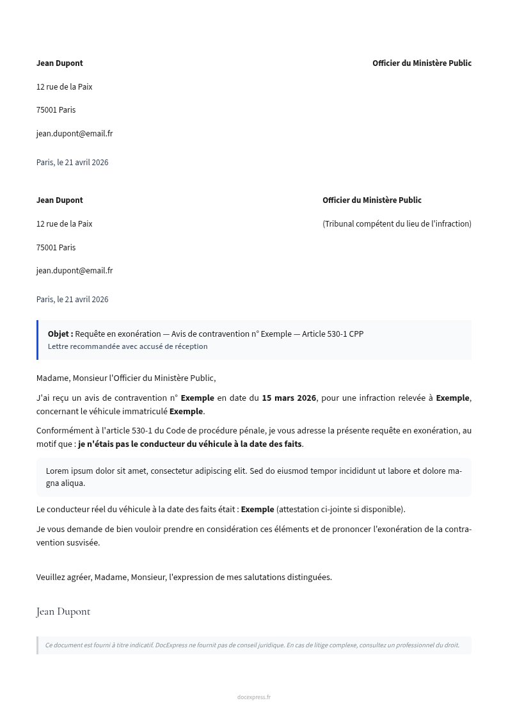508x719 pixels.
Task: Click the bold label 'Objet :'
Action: [x=60, y=334]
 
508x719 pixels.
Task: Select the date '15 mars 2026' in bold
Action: [x=289, y=398]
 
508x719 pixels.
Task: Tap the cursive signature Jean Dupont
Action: [x=63, y=611]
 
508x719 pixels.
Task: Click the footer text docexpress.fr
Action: [x=253, y=697]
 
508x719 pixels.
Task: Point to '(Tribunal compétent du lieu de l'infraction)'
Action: [x=397, y=223]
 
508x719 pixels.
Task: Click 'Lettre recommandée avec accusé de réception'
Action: [x=127, y=346]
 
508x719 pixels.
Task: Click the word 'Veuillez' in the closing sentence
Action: [x=51, y=577]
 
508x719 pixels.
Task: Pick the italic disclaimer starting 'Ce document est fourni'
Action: [x=251, y=645]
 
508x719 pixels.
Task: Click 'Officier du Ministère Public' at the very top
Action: [x=422, y=63]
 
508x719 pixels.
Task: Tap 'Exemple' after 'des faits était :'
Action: [x=257, y=509]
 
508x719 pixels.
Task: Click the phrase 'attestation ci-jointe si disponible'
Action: [x=340, y=509]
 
